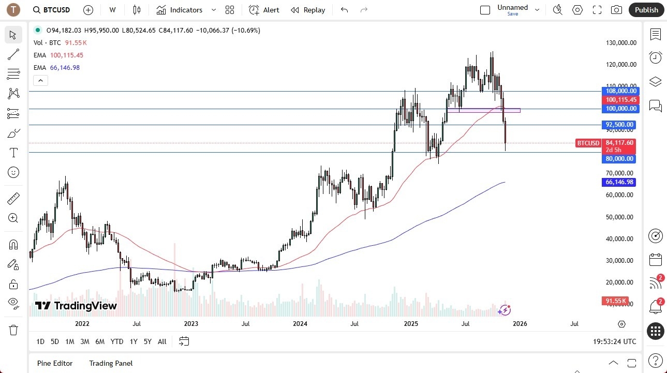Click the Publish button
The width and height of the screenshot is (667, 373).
(646, 10)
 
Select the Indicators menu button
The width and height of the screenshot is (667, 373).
(180, 10)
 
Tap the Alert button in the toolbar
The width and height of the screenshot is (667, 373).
(264, 10)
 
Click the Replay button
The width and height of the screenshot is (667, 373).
(308, 10)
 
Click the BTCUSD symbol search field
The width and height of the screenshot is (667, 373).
(52, 10)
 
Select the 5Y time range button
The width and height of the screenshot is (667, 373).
(147, 341)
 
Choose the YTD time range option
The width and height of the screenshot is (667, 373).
(117, 341)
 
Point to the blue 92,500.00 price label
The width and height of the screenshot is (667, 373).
(620, 125)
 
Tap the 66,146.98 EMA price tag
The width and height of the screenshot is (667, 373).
(620, 182)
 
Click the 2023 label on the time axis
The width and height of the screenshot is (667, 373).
(191, 324)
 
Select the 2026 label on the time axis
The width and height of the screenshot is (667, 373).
(520, 324)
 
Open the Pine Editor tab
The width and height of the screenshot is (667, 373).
(55, 363)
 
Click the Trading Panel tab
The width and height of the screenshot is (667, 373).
(111, 363)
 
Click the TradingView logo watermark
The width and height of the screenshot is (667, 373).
(76, 306)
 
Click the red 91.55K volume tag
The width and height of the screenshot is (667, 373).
(615, 301)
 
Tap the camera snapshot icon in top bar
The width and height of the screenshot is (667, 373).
(616, 10)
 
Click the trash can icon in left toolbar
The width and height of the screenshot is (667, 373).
(13, 330)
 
